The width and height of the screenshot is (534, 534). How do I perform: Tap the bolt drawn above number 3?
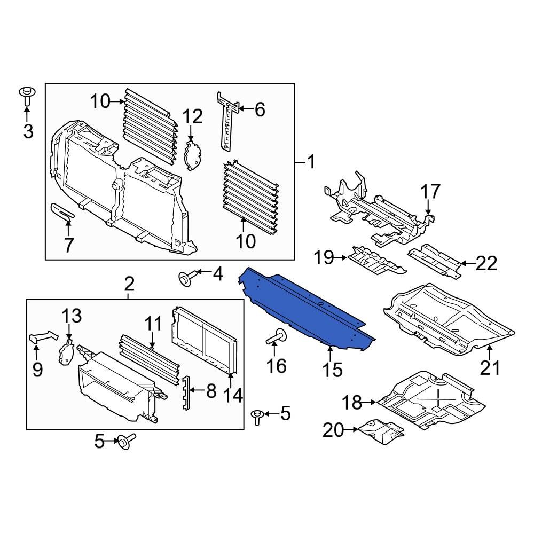(27, 96)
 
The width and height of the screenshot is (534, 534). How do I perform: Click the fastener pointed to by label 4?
(185, 278)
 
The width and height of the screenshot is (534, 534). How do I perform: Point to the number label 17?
(430, 192)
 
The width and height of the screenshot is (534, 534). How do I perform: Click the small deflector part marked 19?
(376, 261)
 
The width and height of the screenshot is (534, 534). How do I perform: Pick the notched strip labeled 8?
(186, 393)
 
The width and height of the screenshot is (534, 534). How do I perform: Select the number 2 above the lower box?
(129, 284)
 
